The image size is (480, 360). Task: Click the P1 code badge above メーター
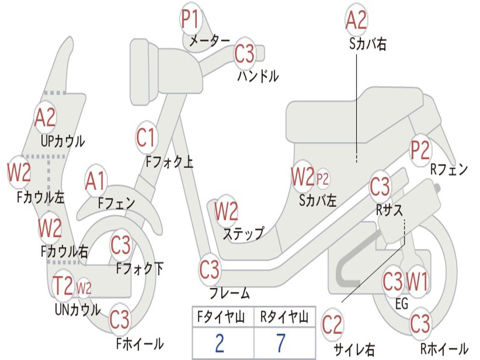point(191,18)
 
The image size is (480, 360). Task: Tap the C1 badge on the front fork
point(146,137)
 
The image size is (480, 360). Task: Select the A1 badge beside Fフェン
point(96,181)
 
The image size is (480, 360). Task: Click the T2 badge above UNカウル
point(63,285)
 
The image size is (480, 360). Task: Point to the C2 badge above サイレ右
point(332,324)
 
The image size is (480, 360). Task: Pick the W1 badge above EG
point(417,282)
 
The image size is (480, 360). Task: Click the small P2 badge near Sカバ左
point(322,179)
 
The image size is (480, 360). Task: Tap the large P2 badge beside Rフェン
point(420,150)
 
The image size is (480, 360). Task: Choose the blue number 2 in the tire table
point(219,343)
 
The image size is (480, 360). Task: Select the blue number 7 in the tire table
point(281,343)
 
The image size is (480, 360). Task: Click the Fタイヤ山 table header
point(221,316)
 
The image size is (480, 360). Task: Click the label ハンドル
point(258,76)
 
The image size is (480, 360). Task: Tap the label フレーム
point(230,293)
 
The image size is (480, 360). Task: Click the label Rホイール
point(444,348)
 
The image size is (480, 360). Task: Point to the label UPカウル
point(63,141)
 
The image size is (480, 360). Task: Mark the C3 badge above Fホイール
point(120,320)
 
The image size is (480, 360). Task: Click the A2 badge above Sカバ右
point(356,19)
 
